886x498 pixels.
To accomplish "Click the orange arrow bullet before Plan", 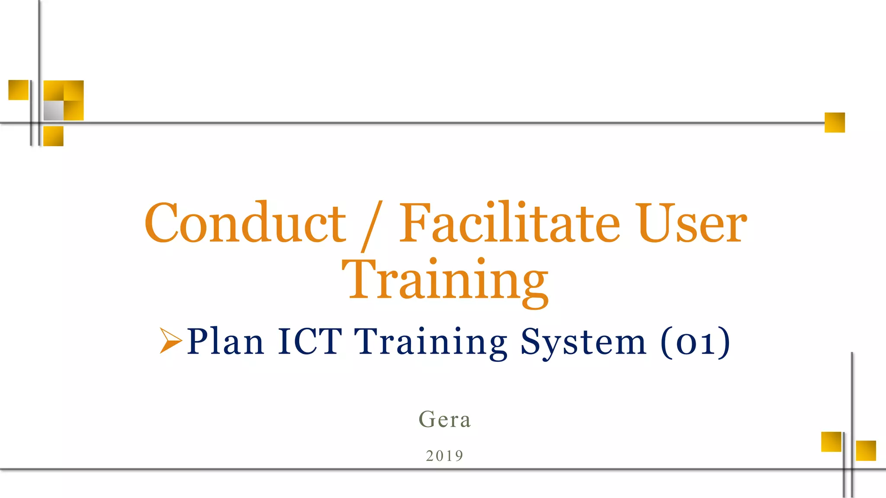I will click(x=170, y=341).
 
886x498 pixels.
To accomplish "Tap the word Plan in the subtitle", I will click(x=225, y=342).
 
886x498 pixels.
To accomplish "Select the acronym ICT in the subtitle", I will click(x=310, y=342).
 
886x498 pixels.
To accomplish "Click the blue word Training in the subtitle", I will click(x=431, y=342).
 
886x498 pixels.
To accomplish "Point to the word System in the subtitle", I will click(x=583, y=342).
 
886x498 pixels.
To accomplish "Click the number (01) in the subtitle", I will click(x=695, y=342).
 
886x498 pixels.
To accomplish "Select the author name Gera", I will click(x=445, y=419).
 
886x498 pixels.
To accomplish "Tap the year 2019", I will click(x=445, y=456).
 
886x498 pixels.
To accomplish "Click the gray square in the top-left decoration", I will click(x=54, y=110).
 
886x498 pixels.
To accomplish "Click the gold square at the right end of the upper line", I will click(x=835, y=122).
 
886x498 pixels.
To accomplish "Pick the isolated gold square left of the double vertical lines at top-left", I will click(x=19, y=90).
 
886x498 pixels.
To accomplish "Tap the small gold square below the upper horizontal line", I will click(x=54, y=136).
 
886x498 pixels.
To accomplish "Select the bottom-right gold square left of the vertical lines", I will click(x=831, y=441).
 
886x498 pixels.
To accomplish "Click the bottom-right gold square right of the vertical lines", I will click(x=866, y=450).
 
